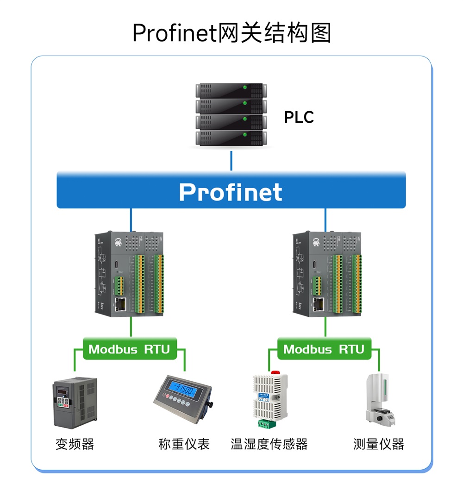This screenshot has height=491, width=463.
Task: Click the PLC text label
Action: pos(299,117)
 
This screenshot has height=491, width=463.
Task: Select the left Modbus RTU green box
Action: pos(130,349)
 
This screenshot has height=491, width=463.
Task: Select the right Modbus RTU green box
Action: pos(324,349)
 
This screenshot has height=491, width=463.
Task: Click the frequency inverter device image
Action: pos(75,402)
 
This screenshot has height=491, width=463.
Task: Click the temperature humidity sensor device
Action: pos(270,398)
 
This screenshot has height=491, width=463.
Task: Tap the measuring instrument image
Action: pos(380,399)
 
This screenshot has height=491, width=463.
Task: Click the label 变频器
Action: pos(75,444)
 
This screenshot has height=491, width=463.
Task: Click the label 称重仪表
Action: pos(184,444)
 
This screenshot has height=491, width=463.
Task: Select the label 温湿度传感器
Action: pos(269,444)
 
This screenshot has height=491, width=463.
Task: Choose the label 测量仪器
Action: pos(378,444)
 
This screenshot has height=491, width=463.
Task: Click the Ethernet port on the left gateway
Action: pos(121,304)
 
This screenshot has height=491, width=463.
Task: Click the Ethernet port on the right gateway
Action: pos(319,304)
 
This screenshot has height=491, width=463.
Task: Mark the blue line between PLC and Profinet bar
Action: pos(231,160)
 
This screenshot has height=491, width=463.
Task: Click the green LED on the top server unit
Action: pos(244,88)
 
